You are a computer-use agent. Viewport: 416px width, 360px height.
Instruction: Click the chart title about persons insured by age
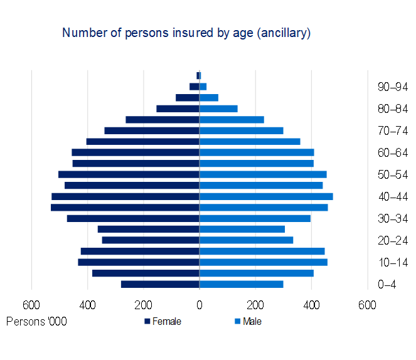[186, 33]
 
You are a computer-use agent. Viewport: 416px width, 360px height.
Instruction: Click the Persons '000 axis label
[36, 322]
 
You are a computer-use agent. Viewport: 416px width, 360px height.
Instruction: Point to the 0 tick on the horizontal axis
[199, 305]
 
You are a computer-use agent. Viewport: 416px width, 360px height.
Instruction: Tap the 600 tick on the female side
[31, 305]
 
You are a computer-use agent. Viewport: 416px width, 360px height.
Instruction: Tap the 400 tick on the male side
[311, 305]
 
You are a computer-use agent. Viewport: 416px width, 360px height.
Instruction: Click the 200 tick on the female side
[144, 305]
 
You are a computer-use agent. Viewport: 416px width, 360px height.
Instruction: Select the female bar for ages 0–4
[160, 284]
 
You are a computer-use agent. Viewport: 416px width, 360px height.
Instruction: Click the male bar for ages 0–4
[241, 284]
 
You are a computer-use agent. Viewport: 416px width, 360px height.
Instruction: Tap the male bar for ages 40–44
[266, 196]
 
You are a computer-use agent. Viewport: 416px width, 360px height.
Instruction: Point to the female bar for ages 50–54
[129, 174]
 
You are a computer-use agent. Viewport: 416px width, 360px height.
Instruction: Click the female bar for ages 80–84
[178, 109]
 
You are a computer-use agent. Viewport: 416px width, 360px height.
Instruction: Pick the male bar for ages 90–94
[203, 87]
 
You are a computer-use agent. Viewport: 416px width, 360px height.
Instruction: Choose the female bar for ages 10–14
[139, 262]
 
